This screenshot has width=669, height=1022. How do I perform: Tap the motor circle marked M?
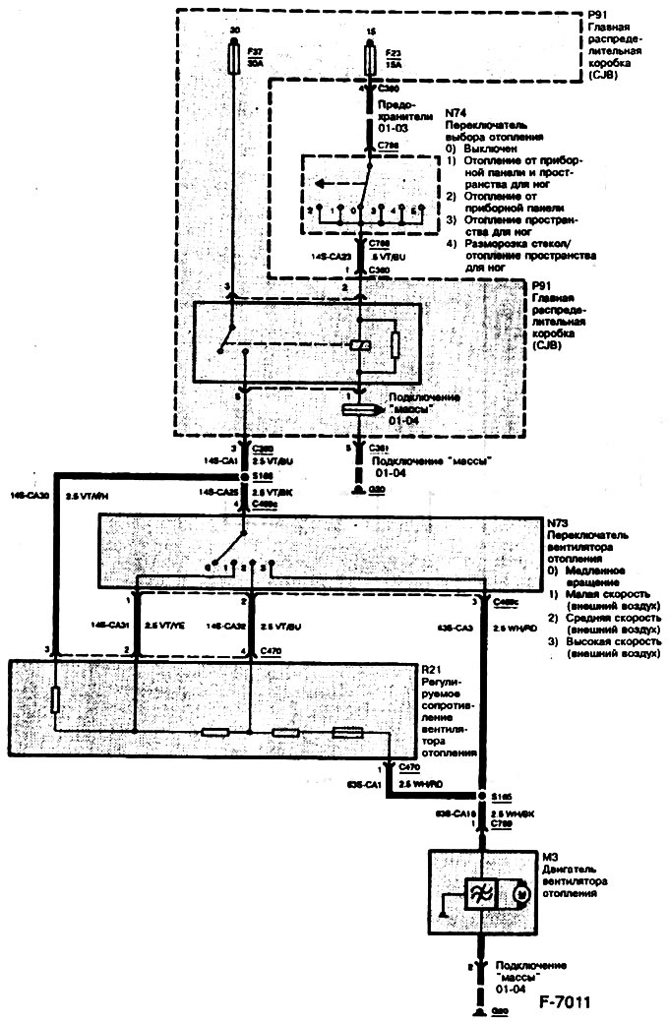tap(522, 892)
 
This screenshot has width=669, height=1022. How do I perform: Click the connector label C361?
tap(377, 447)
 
